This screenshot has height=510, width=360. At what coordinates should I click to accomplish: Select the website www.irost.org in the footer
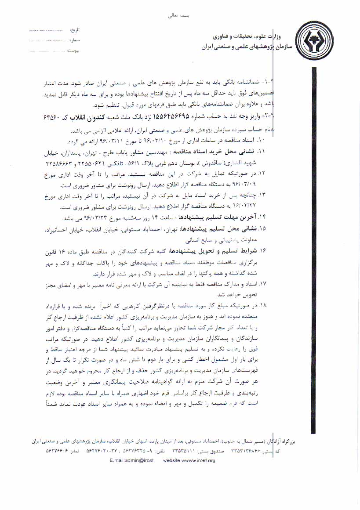(x=189, y=460)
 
